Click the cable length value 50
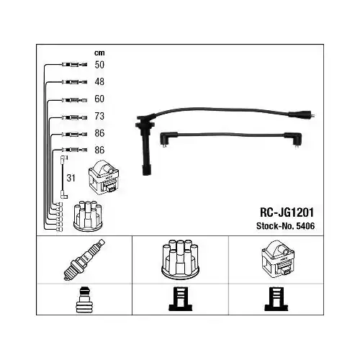pyautogui.click(x=99, y=65)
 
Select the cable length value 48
pyautogui.click(x=99, y=82)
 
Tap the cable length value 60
pyautogui.click(x=99, y=99)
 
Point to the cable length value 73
pyautogui.click(x=99, y=116)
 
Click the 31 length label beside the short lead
pyautogui.click(x=71, y=178)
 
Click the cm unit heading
pyautogui.click(x=99, y=53)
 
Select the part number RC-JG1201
pyautogui.click(x=287, y=212)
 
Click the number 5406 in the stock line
pyautogui.click(x=305, y=226)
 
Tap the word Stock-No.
pyautogui.click(x=275, y=226)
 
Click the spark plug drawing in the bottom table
pyautogui.click(x=84, y=260)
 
